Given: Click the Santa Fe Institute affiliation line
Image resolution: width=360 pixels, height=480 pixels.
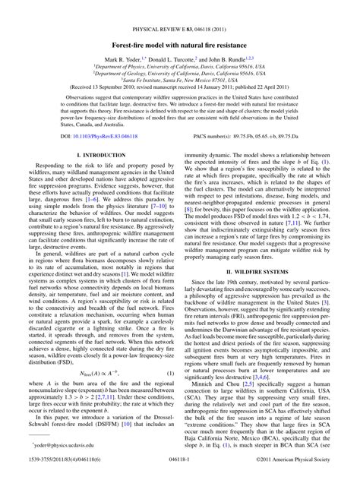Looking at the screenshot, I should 180,83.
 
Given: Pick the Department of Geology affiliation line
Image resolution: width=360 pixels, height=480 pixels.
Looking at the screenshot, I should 180,75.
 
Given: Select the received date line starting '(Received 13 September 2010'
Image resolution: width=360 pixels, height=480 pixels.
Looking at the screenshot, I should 180,90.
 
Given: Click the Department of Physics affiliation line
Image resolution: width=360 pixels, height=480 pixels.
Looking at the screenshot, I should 180,68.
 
